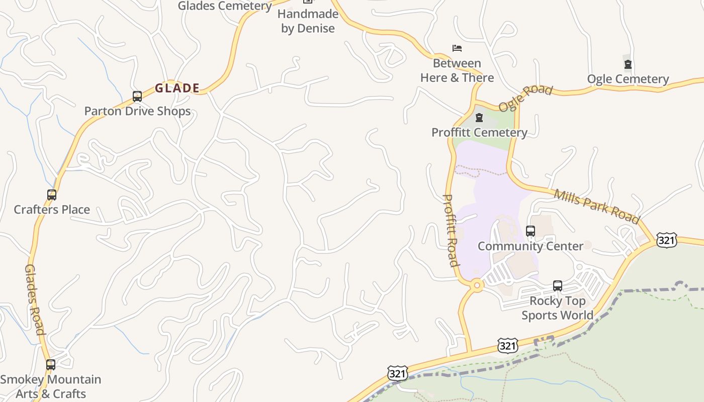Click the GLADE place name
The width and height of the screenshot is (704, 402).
[x=177, y=88]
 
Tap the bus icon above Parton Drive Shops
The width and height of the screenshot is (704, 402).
[x=137, y=96]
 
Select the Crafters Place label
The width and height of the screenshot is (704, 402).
[x=52, y=210]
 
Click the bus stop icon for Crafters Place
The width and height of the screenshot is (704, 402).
[x=51, y=195]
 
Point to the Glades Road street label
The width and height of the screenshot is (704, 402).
[x=35, y=299]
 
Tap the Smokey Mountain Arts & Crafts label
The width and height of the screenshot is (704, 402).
[x=51, y=386]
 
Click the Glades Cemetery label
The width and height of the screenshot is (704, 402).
[x=225, y=6]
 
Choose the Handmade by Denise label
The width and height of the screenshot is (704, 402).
[x=308, y=21]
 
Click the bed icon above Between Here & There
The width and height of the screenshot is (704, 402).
[x=457, y=48]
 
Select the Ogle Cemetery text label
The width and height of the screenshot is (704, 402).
[x=628, y=79]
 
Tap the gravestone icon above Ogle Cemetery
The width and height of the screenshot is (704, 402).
[x=628, y=64]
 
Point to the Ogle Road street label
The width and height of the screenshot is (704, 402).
[x=525, y=98]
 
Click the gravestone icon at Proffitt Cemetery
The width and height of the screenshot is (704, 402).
[x=479, y=118]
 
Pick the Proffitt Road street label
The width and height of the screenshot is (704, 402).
[x=451, y=230]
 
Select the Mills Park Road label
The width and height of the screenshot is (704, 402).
[x=597, y=206]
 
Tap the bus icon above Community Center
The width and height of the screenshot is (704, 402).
[x=531, y=231]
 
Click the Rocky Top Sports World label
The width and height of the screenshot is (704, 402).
[x=557, y=308]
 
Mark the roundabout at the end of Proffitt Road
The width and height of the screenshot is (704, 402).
[x=476, y=285]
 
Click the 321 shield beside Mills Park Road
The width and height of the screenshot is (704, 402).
[x=667, y=240]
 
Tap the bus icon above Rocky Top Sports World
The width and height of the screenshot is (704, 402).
[x=558, y=286]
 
